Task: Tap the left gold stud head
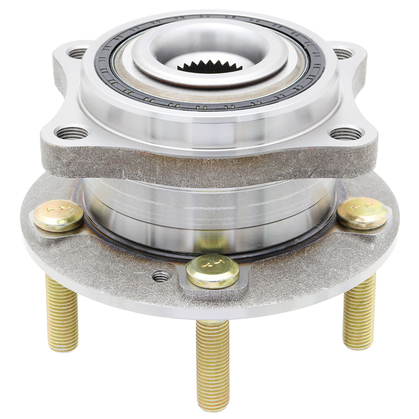[x=58, y=215]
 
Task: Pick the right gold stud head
[x=362, y=213]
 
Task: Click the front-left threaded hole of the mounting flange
[x=72, y=133]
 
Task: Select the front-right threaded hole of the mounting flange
[x=346, y=133]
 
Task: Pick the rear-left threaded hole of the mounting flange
[x=77, y=53]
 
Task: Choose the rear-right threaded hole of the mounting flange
[x=343, y=53]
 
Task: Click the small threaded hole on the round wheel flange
[x=161, y=276]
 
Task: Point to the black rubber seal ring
[x=312, y=67]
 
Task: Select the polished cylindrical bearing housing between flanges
[x=209, y=209]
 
